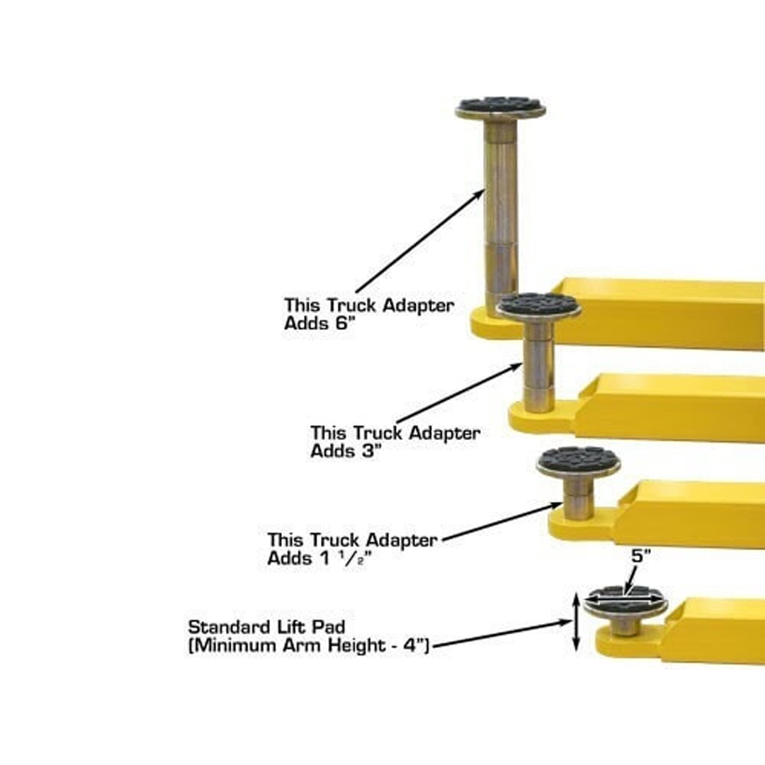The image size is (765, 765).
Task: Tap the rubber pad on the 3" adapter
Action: coord(538,305)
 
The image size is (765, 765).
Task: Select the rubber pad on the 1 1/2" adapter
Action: coord(578,460)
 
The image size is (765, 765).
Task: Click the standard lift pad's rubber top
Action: coord(625,598)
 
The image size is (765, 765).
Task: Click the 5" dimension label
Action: coord(640,557)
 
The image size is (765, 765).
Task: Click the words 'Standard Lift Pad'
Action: coord(266,627)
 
